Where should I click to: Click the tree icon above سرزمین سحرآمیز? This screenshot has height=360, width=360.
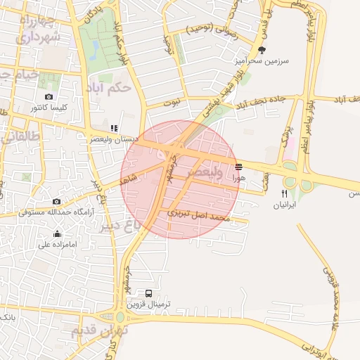(x=262, y=50)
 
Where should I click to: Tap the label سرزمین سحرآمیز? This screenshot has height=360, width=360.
(x=262, y=61)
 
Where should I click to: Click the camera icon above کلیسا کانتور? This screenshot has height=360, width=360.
(x=49, y=96)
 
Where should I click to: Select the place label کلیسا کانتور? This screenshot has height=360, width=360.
(x=49, y=108)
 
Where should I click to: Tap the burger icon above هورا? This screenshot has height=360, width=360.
(x=239, y=167)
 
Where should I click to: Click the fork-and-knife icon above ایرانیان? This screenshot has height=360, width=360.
(x=285, y=193)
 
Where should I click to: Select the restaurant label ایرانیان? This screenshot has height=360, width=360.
(x=285, y=206)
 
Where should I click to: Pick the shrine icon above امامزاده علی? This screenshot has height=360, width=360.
(x=57, y=233)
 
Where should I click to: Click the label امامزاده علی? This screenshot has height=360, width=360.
(x=57, y=245)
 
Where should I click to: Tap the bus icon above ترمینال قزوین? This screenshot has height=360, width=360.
(x=148, y=293)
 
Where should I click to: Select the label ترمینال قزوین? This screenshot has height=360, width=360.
(x=149, y=305)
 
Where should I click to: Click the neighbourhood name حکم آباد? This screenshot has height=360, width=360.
(x=108, y=88)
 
